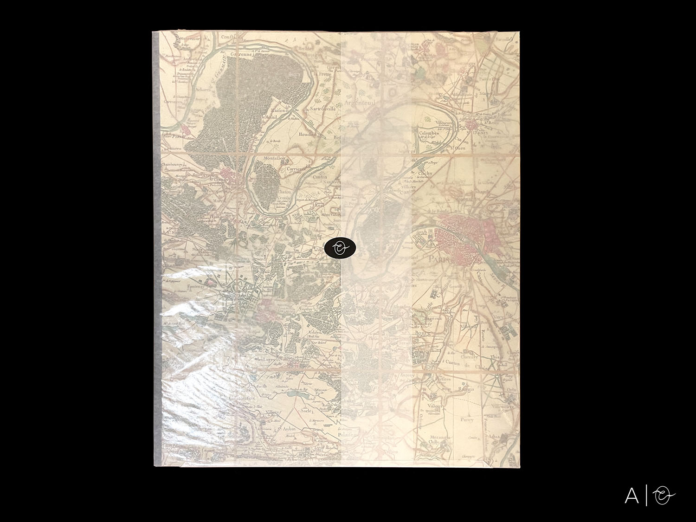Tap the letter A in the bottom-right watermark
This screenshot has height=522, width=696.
(632, 496)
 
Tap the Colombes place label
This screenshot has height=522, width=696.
(429, 133)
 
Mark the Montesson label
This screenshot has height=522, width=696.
(274, 158)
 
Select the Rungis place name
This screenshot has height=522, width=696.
(465, 389)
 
